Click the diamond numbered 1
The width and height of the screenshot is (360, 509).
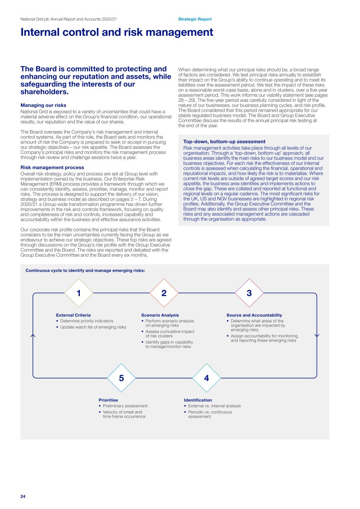click(79, 293)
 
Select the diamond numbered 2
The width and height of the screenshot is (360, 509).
click(164, 293)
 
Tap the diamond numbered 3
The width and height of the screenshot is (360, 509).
click(249, 293)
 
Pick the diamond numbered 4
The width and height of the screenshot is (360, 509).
click(207, 378)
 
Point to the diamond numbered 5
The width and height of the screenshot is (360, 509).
click(121, 378)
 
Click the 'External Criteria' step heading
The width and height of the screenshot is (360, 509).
click(73, 315)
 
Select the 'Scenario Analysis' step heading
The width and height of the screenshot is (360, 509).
click(160, 315)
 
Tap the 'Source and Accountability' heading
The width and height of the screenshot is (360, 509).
click(254, 315)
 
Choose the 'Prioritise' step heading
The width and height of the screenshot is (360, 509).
click(108, 400)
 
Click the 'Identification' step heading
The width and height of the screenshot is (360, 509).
click(198, 400)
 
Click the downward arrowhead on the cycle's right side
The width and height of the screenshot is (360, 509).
click(317, 336)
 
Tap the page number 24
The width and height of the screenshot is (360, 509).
click(23, 496)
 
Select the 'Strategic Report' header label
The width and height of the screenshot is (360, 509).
click(195, 19)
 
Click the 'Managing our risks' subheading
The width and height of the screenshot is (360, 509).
click(43, 105)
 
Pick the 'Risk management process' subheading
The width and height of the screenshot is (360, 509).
click(52, 167)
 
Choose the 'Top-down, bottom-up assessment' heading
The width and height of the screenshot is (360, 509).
click(224, 142)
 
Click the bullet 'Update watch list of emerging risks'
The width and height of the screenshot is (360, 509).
click(93, 327)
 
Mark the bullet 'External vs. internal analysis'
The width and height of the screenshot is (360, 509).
click(214, 406)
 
